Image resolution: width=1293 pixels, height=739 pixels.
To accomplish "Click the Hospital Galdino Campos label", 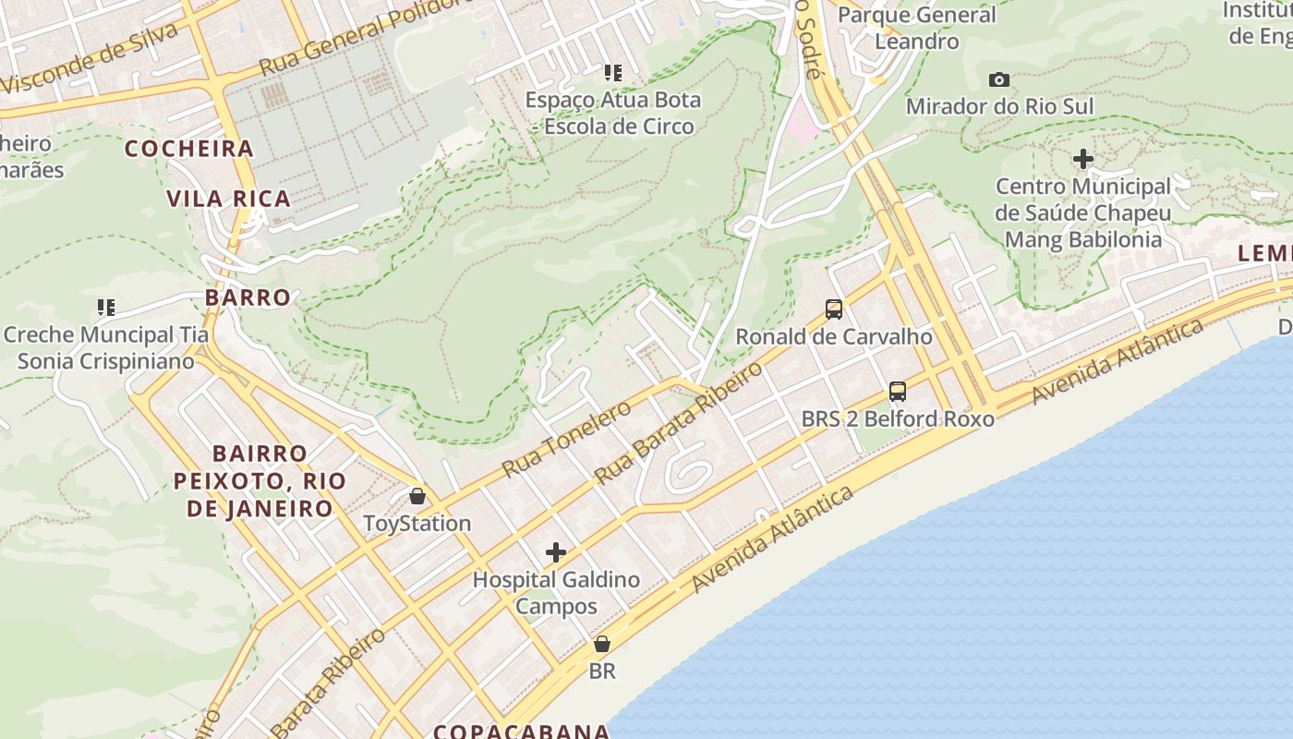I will click(556, 593).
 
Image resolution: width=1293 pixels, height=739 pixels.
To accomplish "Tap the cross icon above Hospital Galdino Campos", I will click(556, 552).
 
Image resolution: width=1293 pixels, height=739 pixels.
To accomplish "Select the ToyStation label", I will click(417, 524).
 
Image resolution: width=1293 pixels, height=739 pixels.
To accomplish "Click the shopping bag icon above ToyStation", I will click(417, 496).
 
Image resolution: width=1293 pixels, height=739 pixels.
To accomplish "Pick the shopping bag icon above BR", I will click(602, 644).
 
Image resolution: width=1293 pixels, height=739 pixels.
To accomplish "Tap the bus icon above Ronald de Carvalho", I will click(834, 309).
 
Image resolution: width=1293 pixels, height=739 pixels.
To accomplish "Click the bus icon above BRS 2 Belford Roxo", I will click(898, 391).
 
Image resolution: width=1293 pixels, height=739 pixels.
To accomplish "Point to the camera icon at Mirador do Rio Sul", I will click(999, 80).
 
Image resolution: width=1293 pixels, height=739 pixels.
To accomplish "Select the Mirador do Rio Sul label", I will click(999, 107).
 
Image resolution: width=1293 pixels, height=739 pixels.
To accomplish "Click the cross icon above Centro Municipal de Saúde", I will click(1083, 159).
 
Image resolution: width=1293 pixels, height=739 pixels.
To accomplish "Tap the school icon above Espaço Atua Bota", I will click(612, 72).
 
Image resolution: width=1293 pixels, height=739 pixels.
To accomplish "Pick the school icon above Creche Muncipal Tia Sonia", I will click(106, 307).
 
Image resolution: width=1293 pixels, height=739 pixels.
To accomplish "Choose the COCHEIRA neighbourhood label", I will click(188, 149).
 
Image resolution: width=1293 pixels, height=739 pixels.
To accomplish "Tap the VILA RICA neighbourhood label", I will click(228, 199).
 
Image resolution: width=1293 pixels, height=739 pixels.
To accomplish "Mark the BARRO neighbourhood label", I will click(248, 297).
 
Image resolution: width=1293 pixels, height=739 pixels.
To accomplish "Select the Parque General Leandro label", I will click(916, 28).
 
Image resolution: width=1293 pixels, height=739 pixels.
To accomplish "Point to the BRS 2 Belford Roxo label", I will click(898, 418).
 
